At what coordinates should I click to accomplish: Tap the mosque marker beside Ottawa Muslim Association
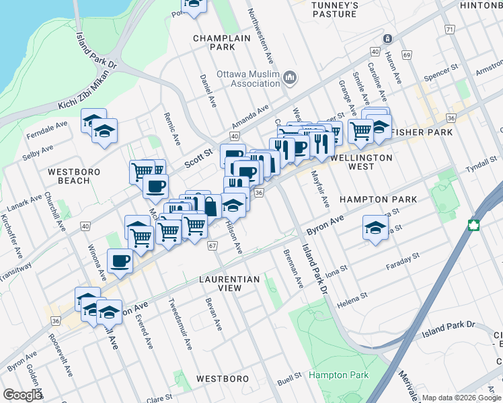(290, 79)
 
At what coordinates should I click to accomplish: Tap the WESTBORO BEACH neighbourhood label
(74, 176)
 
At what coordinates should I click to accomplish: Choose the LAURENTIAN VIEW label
(229, 283)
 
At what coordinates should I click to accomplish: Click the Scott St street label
(198, 158)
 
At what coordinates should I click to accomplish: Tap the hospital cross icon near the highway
(475, 225)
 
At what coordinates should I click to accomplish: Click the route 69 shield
(406, 54)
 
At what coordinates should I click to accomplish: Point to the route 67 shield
(212, 246)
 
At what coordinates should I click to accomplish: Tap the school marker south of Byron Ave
(375, 226)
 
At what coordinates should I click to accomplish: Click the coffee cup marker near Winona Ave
(120, 260)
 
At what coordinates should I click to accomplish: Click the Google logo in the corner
(22, 395)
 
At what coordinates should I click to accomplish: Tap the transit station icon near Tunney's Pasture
(387, 38)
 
